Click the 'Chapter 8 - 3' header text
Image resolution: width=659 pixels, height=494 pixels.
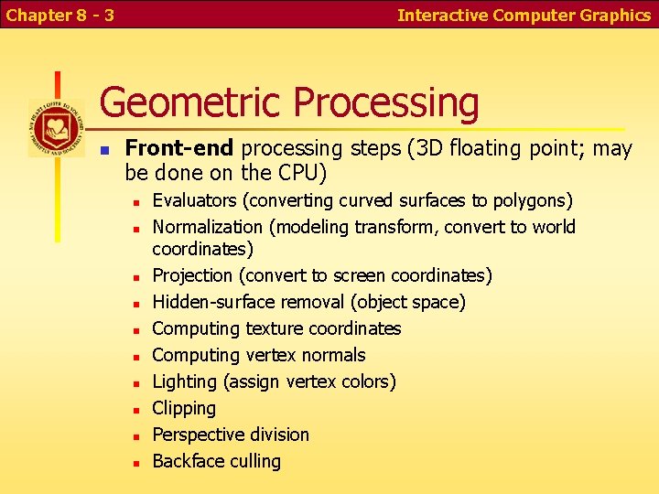[59, 15]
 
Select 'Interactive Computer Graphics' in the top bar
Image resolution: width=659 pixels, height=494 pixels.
[524, 15]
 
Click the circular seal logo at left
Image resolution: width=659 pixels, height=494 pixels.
[56, 129]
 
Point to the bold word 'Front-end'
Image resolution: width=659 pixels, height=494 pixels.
[179, 147]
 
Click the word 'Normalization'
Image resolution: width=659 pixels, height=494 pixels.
[207, 227]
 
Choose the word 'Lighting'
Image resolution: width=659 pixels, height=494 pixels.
[183, 381]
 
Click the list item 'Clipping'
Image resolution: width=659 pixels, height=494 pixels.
[184, 408]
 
